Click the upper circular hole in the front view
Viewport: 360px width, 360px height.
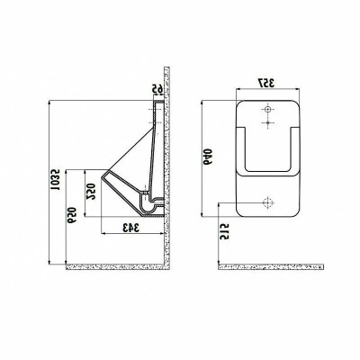(x=267, y=109)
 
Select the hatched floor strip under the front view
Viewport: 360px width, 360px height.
(x=270, y=265)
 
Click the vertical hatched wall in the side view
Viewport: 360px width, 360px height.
(x=167, y=162)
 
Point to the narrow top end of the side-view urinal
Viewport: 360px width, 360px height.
(x=158, y=103)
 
